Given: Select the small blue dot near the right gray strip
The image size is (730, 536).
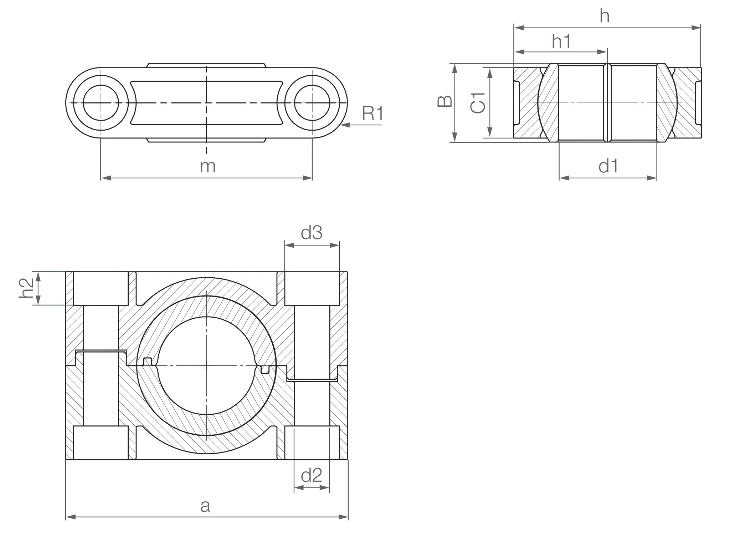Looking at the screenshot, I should click(334, 310).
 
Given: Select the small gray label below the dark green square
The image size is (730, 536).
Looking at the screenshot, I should click(314, 480).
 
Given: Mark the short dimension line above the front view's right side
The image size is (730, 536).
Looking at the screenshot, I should click(312, 246).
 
